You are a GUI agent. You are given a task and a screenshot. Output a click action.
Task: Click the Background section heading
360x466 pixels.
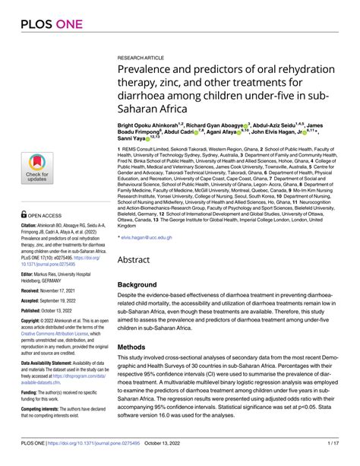[x=144, y=285]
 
